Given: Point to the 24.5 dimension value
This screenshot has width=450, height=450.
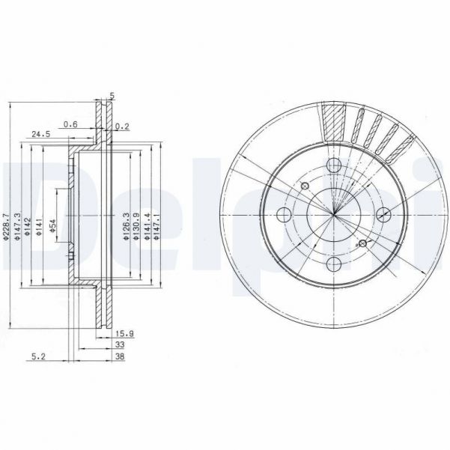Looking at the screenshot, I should pyautogui.click(x=40, y=135).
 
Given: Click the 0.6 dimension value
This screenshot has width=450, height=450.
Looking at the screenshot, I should pyautogui.click(x=70, y=124).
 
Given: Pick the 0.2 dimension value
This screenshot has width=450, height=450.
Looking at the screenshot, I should pyautogui.click(x=124, y=126).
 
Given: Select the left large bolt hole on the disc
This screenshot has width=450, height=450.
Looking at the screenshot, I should pyautogui.click(x=284, y=216).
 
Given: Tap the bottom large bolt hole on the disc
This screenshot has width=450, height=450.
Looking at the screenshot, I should pyautogui.click(x=335, y=265).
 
